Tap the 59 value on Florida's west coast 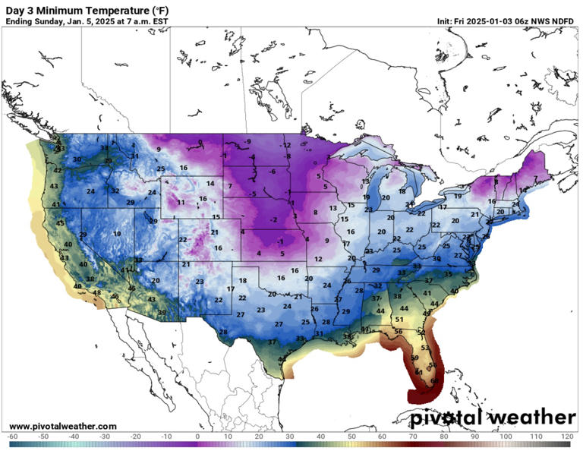pyautogui.click(x=414, y=358)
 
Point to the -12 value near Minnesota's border pyautogui.click(x=286, y=145)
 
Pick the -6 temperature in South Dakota pyautogui.click(x=271, y=172)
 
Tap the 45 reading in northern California pyautogui.click(x=60, y=223)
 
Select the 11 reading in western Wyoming pyautogui.click(x=181, y=203)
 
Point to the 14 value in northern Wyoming pyautogui.click(x=210, y=184)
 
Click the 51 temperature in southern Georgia pyautogui.click(x=399, y=320)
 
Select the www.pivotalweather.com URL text pyautogui.click(x=63, y=426)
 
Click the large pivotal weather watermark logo pyautogui.click(x=493, y=418)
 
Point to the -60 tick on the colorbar pyautogui.click(x=13, y=437)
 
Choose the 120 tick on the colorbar pyautogui.click(x=566, y=437)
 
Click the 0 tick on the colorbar pyautogui.click(x=197, y=437)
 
